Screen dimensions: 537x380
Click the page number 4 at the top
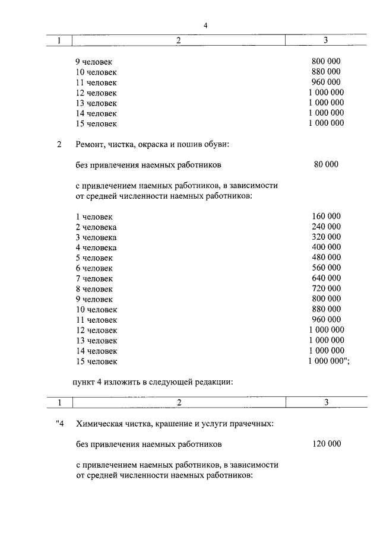point(205,25)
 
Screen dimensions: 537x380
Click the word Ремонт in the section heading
point(90,144)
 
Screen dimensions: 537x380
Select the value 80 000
point(326,164)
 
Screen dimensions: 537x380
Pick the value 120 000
point(326,444)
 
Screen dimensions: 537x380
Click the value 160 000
point(326,217)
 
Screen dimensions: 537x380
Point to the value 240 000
point(326,227)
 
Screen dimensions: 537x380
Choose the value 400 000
point(326,247)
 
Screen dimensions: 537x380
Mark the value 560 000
point(326,268)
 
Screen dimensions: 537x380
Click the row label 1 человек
point(94,217)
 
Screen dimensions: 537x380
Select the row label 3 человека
point(96,237)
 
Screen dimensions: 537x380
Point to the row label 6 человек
point(94,268)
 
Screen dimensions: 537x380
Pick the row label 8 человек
point(94,289)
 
